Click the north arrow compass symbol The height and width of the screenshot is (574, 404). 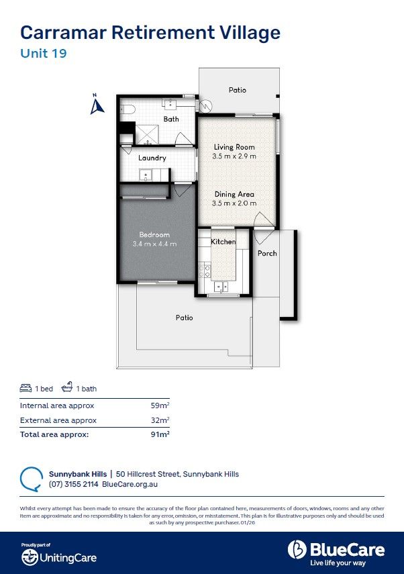pos(97,105)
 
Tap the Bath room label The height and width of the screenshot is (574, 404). pos(171,119)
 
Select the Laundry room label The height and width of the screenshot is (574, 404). pos(152,158)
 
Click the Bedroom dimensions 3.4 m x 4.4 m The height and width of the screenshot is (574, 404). pos(154,244)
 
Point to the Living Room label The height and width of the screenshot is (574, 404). pos(234,146)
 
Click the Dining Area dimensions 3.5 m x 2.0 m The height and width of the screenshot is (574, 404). pos(234,203)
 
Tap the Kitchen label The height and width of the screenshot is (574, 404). pos(223,242)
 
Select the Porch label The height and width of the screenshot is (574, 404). pos(267,253)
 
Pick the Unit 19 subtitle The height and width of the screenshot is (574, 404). pos(44,54)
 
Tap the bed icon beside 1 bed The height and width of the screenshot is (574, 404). pos(26,389)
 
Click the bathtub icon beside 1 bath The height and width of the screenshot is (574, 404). pos(67,388)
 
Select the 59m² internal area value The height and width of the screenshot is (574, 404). pos(160,405)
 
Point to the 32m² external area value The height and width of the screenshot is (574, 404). pos(160,420)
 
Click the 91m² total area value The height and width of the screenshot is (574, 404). pos(160,434)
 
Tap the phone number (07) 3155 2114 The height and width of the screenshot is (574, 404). pos(74,483)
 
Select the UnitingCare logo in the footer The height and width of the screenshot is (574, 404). pos(58,557)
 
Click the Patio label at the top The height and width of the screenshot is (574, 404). pos(237,90)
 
